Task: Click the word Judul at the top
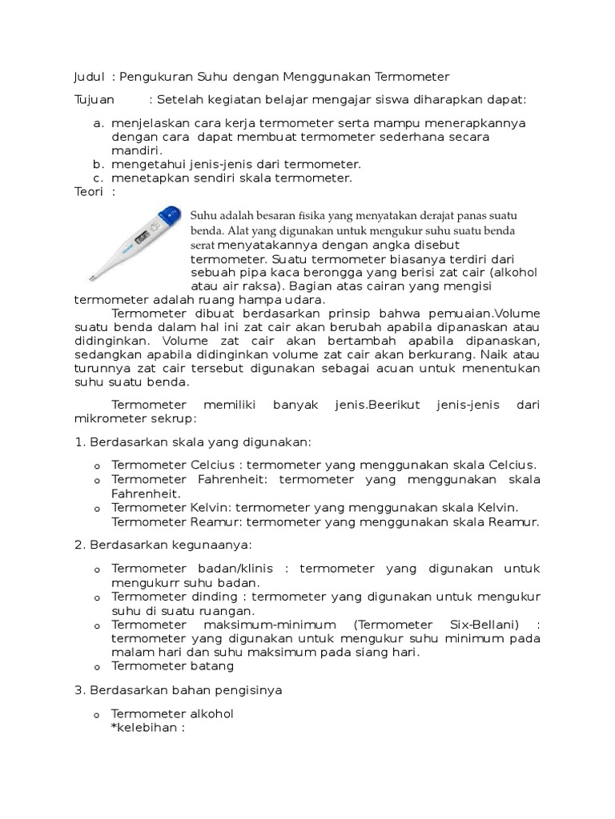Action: [89, 77]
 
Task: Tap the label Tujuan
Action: [94, 100]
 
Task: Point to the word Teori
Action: [89, 192]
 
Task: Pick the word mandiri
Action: [136, 150]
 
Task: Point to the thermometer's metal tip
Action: [91, 278]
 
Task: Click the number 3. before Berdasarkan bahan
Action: [79, 689]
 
